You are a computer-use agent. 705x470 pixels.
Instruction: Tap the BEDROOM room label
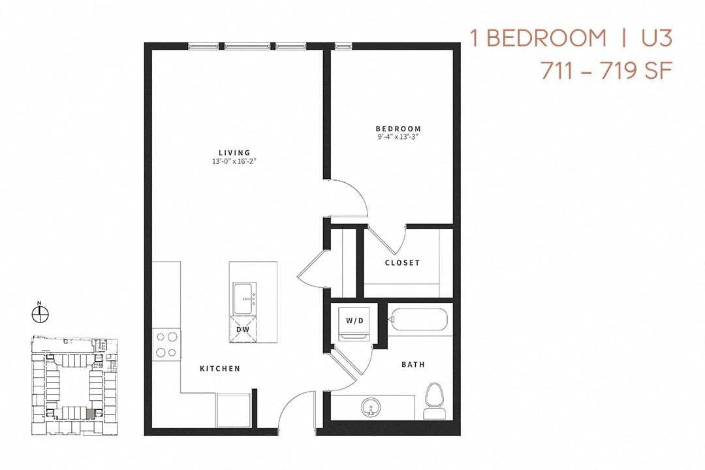pos(398,129)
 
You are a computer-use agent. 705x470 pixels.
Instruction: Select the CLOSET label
pos(402,263)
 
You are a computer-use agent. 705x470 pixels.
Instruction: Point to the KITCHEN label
pos(220,369)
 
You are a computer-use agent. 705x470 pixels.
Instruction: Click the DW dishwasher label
pos(243,330)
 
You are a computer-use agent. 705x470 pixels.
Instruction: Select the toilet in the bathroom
pos(433,399)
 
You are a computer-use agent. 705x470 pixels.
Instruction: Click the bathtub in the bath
pos(418,320)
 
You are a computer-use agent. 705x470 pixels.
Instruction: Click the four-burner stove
pos(166,345)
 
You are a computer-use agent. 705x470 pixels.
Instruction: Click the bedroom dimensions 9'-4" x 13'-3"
pos(398,138)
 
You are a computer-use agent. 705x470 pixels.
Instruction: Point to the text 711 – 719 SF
pos(606,70)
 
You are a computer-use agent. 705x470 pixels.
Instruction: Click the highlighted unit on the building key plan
pos(90,413)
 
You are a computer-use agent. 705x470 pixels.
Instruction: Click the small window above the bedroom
pos(343,46)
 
